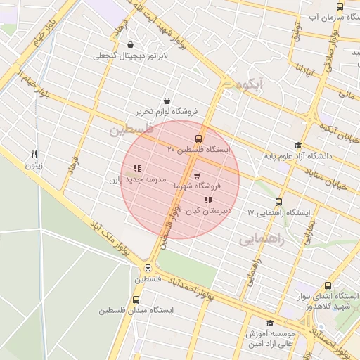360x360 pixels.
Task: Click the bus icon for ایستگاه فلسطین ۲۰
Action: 198,139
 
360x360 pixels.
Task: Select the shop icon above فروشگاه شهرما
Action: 196,175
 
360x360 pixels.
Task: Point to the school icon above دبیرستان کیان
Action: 207,200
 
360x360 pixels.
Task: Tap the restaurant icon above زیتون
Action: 34,155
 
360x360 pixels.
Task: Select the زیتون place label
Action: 34,166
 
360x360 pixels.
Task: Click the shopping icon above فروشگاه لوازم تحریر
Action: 167,101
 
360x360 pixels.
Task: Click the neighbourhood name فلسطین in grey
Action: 131,130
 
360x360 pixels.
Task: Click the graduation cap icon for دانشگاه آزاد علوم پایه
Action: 297,146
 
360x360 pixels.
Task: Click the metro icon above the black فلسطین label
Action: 148,268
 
